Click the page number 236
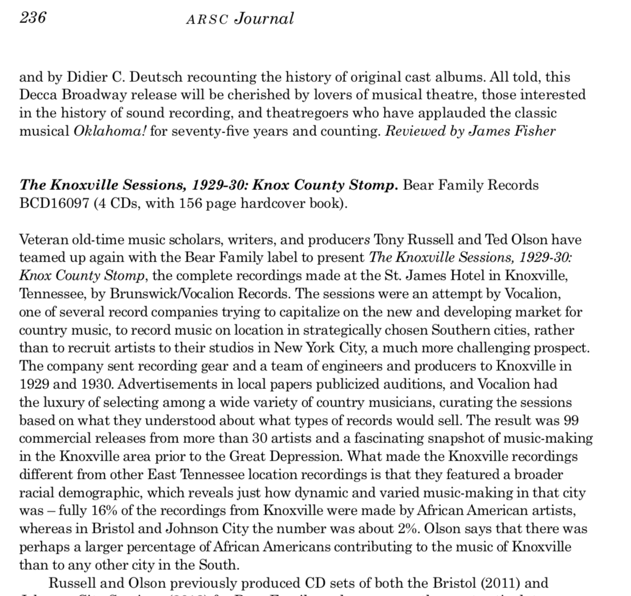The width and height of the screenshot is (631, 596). coord(33,18)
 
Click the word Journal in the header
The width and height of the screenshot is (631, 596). coord(265,19)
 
